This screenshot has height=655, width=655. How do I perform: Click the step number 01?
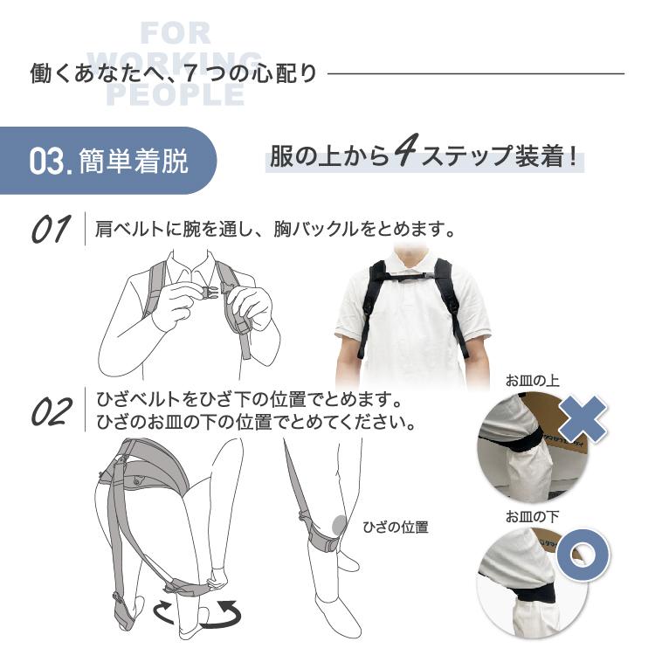[x=50, y=230]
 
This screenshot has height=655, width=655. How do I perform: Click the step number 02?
[x=52, y=411]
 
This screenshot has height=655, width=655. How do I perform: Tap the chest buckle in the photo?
[x=412, y=278]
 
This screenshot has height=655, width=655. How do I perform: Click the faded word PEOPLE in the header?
[x=175, y=94]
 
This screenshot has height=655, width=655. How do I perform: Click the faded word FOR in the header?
[x=175, y=34]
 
